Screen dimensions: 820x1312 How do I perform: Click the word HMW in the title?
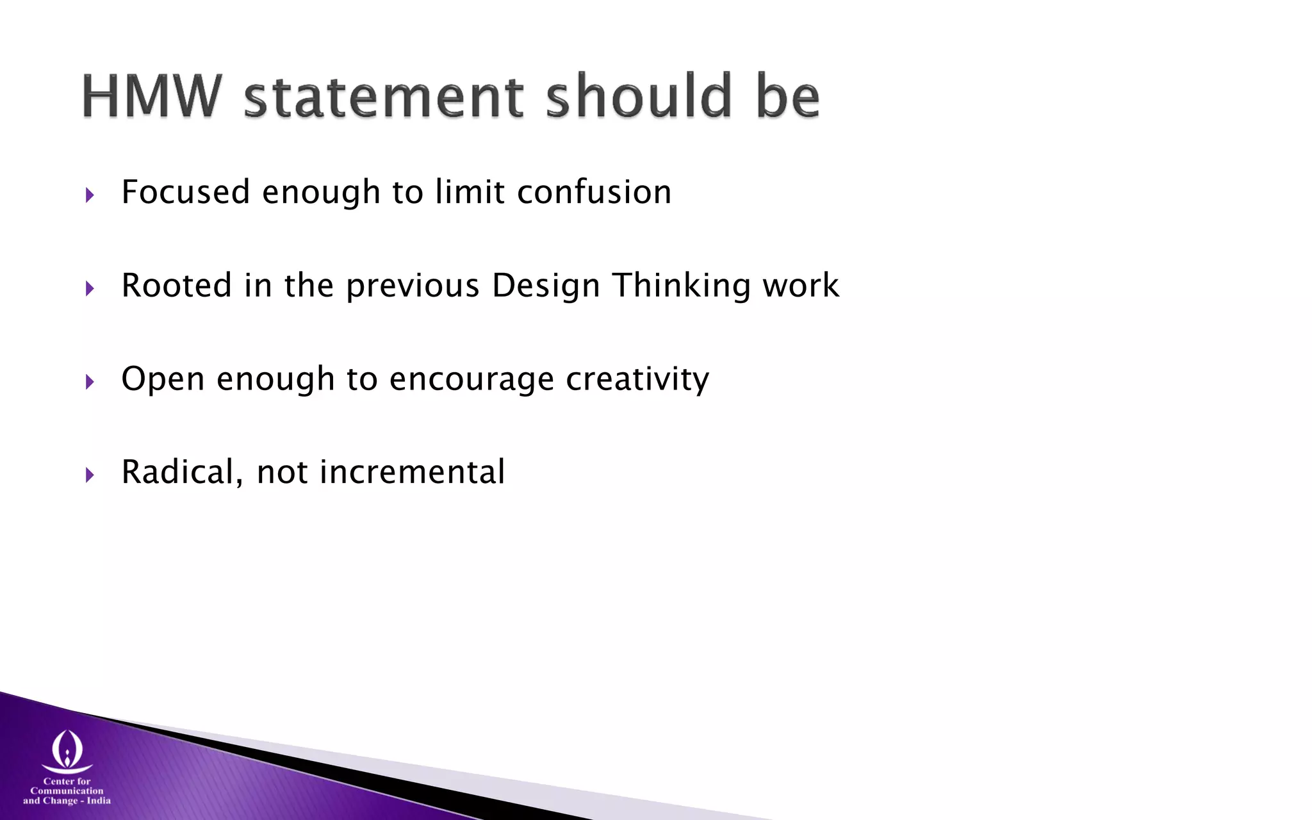(152, 96)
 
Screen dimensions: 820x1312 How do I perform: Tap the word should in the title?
(639, 96)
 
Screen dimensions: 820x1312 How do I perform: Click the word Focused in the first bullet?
(186, 192)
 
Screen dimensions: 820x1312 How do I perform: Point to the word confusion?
(594, 192)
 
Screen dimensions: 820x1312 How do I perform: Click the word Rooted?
(176, 285)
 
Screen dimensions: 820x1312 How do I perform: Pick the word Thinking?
(681, 286)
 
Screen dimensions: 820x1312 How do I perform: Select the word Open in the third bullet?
(163, 379)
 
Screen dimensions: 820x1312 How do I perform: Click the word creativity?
(637, 379)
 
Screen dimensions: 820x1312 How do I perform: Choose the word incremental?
(413, 472)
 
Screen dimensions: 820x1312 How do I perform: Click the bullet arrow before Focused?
(90, 195)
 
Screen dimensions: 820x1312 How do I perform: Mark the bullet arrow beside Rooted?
(90, 288)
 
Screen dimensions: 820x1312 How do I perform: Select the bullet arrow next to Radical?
(90, 475)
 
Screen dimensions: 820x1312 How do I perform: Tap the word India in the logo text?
(99, 801)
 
